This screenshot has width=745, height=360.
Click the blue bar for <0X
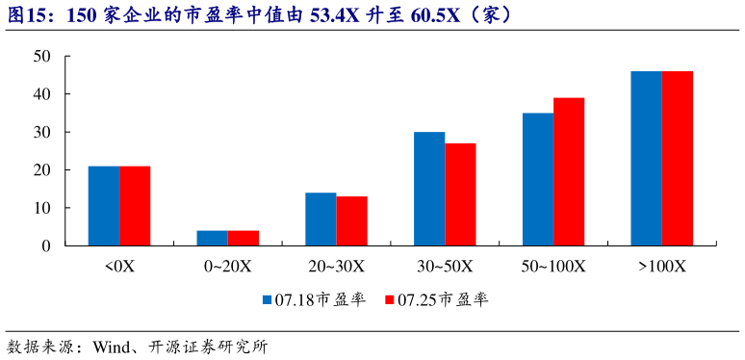coord(104,206)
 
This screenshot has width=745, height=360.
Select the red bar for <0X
coord(135,206)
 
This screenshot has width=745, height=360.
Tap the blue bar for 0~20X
coord(213,238)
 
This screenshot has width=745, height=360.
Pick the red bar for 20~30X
coord(351,221)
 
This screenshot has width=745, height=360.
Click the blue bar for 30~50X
coord(429,189)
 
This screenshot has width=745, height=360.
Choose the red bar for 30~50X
coord(460,194)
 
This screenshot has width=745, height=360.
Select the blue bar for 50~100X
coord(538,179)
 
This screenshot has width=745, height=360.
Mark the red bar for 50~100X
coord(569,171)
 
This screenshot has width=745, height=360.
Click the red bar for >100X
coord(678,159)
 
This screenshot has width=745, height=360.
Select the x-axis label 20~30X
coord(336,266)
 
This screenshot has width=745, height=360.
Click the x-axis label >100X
coord(662,266)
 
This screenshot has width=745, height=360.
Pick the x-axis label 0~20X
coord(228,266)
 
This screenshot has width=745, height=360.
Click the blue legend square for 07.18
coord(268,300)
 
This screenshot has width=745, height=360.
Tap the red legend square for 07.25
coord(391,300)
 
